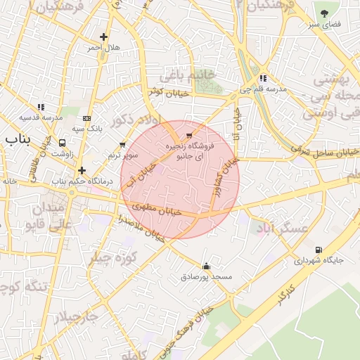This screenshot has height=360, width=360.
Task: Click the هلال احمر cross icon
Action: click(x=104, y=37)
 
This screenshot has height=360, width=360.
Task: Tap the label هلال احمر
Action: click(x=104, y=48)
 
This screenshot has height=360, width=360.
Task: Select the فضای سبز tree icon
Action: click(x=324, y=13)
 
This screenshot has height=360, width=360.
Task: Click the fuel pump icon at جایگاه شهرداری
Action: click(x=319, y=250)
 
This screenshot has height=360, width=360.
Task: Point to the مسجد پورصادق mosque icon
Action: click(x=206, y=266)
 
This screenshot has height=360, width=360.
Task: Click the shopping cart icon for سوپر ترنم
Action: click(x=122, y=145)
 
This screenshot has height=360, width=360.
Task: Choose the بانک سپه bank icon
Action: click(x=86, y=118)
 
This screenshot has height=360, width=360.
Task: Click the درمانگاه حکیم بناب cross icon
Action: click(x=82, y=169)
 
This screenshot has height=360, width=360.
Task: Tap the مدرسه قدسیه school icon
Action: click(x=41, y=107)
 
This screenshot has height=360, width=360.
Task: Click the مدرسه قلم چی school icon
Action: click(x=263, y=78)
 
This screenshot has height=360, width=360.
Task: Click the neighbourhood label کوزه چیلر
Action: click(x=110, y=258)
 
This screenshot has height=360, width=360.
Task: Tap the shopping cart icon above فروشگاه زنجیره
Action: click(x=188, y=134)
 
